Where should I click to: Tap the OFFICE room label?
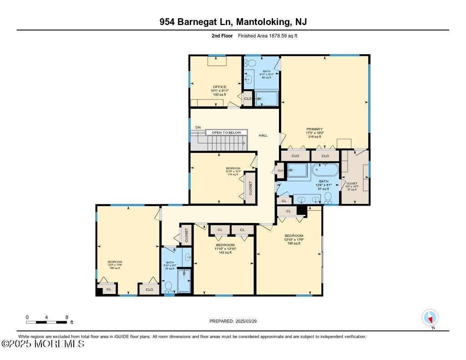point(219,87)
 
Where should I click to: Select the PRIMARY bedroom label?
point(314,129)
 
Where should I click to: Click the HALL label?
point(263,135)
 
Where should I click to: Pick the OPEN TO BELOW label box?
point(226,132)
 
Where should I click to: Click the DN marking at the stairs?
point(198,127)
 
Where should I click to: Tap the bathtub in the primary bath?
point(325,171)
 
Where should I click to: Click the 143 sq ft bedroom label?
point(225,248)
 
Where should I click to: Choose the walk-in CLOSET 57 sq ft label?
point(352,186)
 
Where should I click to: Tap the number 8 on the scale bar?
point(67,317)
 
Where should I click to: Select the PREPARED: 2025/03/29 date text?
point(233,321)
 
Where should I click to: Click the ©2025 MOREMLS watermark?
point(43,344)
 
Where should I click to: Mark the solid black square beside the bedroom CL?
point(300,210)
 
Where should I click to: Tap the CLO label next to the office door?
point(248,99)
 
